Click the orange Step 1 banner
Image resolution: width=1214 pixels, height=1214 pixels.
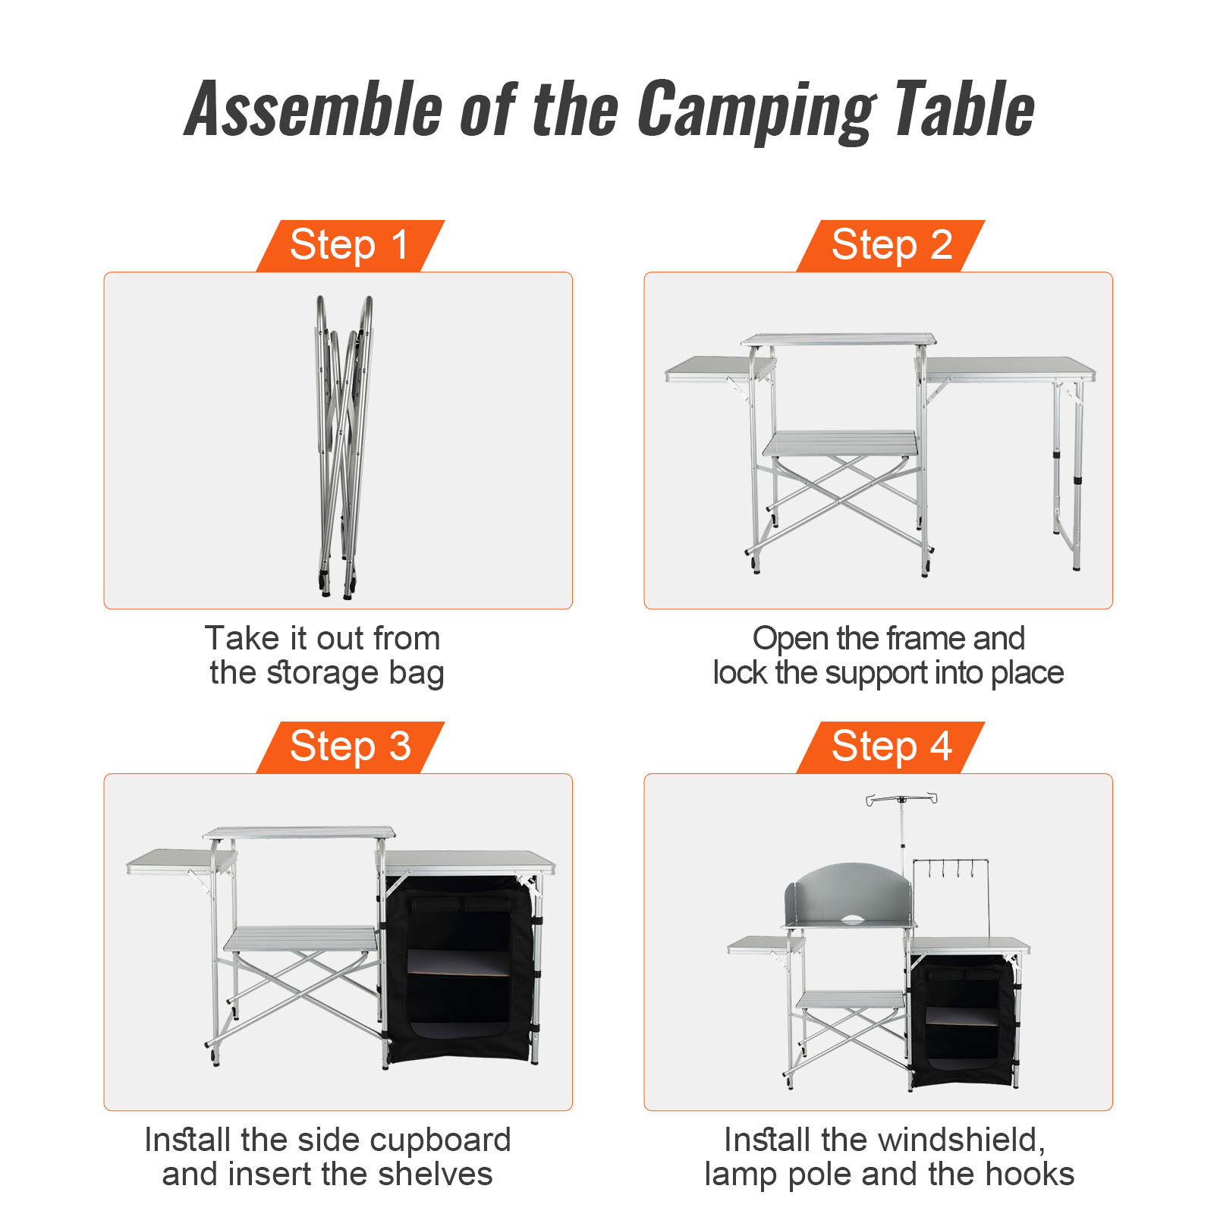click(351, 246)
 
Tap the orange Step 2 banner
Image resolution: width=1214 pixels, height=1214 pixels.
click(891, 246)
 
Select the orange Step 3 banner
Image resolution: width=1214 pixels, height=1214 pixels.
click(351, 747)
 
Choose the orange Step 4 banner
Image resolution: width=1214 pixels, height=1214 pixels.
click(891, 747)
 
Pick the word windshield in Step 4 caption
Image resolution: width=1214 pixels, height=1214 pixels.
click(951, 1140)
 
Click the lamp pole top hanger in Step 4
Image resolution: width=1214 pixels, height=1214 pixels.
click(901, 799)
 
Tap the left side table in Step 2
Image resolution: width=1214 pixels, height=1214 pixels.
click(719, 369)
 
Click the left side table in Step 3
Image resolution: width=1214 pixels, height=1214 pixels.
click(181, 861)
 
